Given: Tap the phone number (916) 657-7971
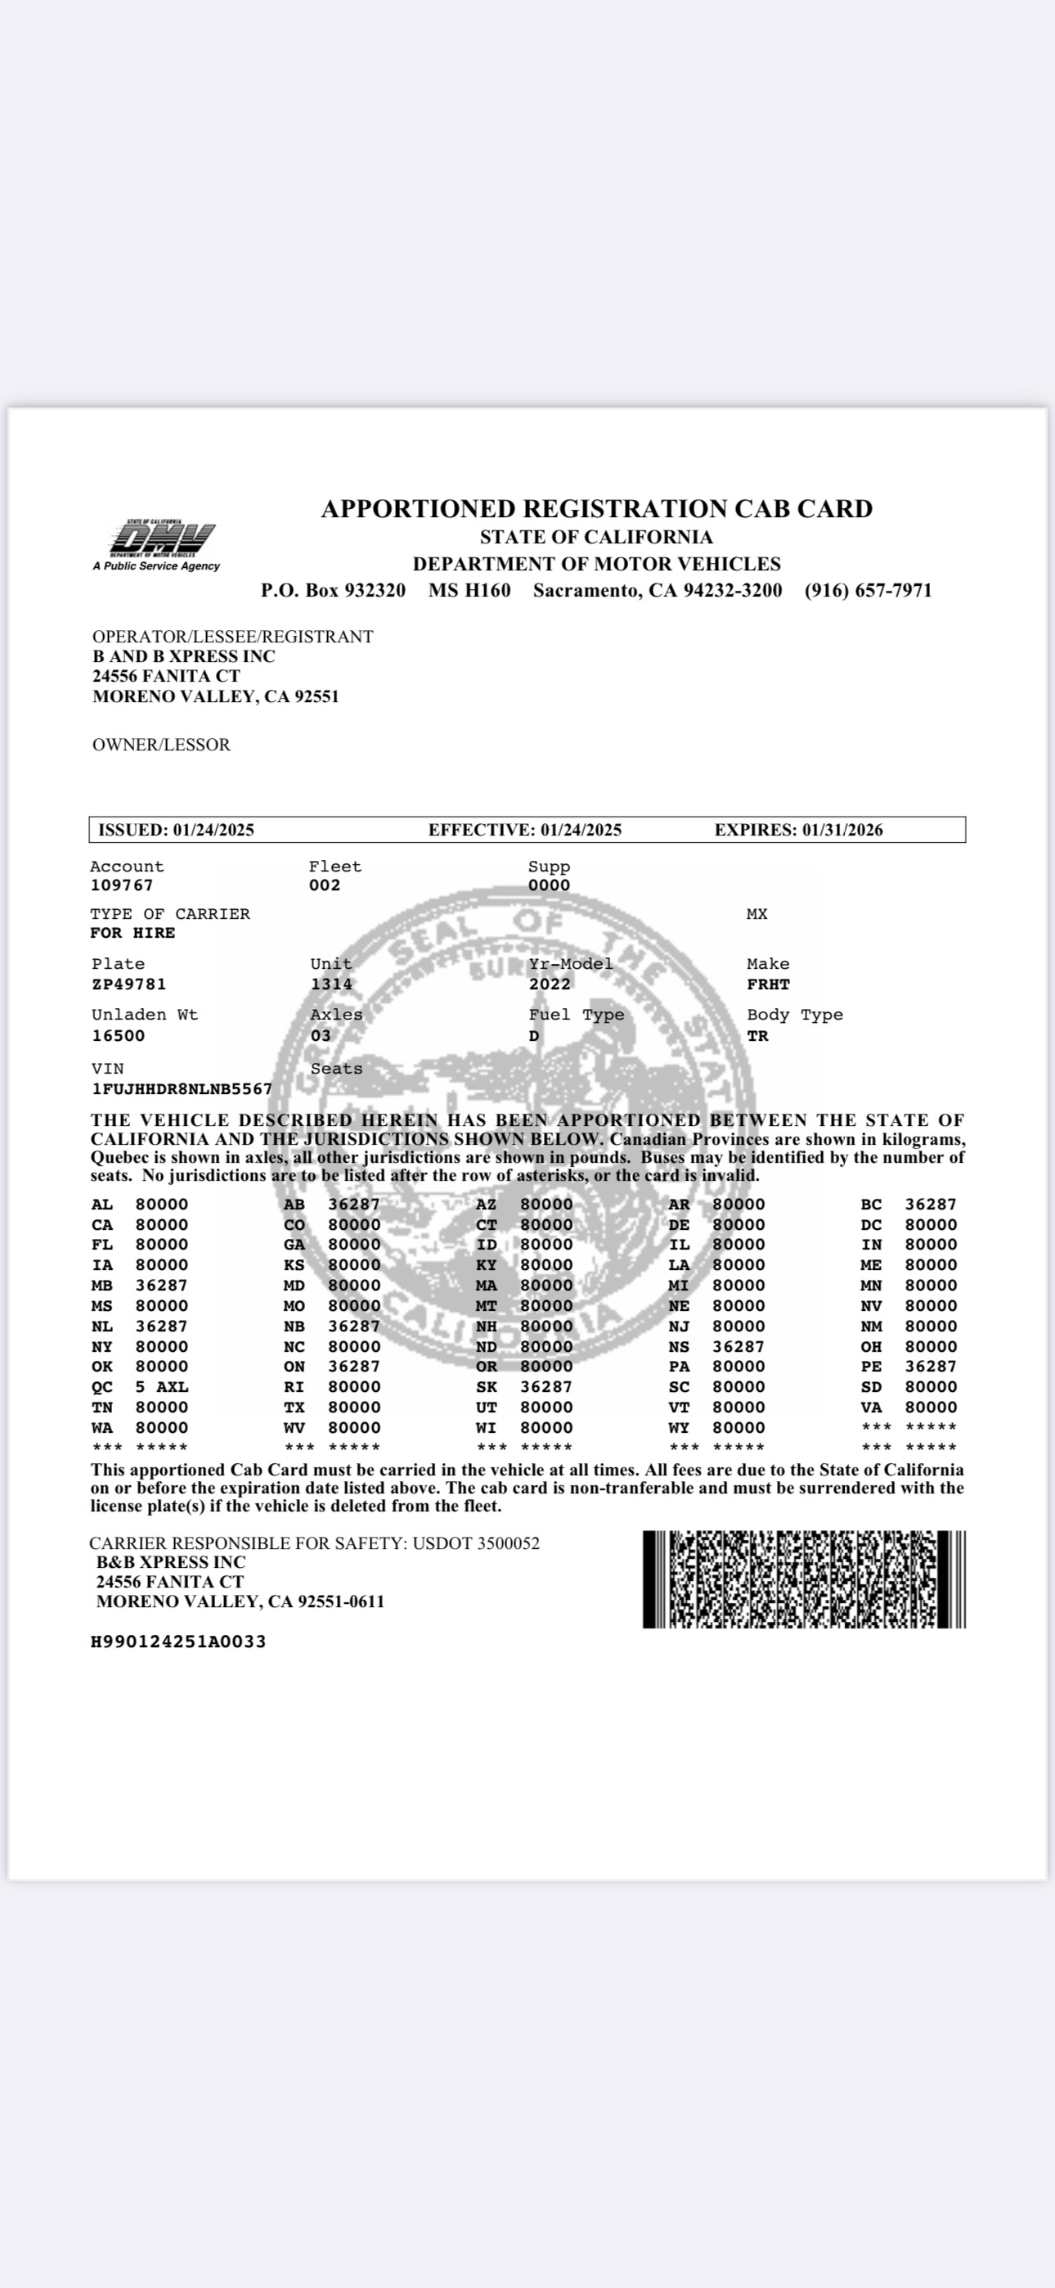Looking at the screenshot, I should tap(868, 591).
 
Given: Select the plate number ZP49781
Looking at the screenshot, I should tap(128, 984).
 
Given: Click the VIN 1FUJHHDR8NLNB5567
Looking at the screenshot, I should tap(182, 1089).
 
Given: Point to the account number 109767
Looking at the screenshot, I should tap(122, 885).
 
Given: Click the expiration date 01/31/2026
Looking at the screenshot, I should tap(842, 831).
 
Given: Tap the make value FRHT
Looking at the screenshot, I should tap(768, 984).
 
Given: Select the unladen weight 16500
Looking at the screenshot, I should tap(118, 1036).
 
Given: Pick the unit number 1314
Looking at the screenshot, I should tap(331, 984).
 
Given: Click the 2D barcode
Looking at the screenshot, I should tap(804, 1579).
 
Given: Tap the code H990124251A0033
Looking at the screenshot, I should tap(178, 1642).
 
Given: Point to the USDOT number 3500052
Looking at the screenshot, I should tap(508, 1543).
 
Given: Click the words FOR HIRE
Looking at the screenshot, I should tap(132, 933).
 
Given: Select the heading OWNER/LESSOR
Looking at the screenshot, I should tap(162, 745).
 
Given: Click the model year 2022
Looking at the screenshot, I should tap(550, 984).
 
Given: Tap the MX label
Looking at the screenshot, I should tap(756, 914).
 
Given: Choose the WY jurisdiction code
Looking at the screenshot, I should tap(679, 1428).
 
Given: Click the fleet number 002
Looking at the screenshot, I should tap(325, 885).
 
